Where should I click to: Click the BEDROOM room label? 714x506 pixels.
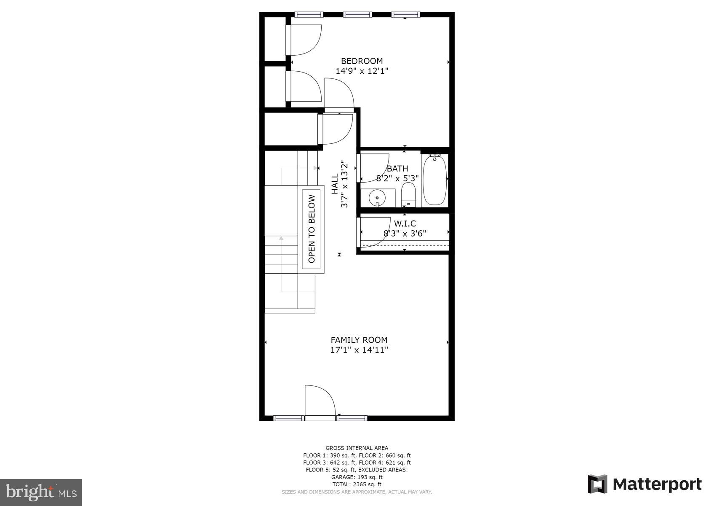[x=362, y=61]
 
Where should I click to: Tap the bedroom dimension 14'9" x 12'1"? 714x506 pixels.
[x=362, y=71]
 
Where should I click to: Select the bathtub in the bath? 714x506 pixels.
[x=434, y=180]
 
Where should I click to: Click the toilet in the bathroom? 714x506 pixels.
[x=408, y=194]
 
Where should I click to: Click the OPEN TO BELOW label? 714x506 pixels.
[x=312, y=229]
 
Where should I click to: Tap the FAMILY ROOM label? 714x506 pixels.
[x=359, y=340]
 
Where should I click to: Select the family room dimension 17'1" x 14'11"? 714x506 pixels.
[x=359, y=350]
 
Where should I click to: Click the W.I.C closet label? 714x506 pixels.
[x=405, y=223]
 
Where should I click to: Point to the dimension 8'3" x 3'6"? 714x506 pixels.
[x=405, y=233]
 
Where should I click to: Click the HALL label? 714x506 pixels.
[x=335, y=184]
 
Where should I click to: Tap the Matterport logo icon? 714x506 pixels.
[x=597, y=484]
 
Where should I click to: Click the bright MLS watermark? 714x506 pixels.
[x=41, y=492]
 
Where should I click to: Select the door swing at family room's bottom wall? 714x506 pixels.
[x=319, y=401]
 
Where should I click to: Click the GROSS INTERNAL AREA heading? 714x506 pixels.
[x=357, y=448]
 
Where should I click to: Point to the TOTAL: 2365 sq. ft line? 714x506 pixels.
[x=357, y=484]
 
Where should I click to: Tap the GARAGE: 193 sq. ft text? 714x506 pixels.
[x=357, y=477]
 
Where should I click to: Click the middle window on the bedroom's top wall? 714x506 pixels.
[x=357, y=15]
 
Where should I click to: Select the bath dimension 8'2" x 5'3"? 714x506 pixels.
[x=397, y=178]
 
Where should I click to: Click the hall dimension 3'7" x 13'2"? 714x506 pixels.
[x=345, y=184]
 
